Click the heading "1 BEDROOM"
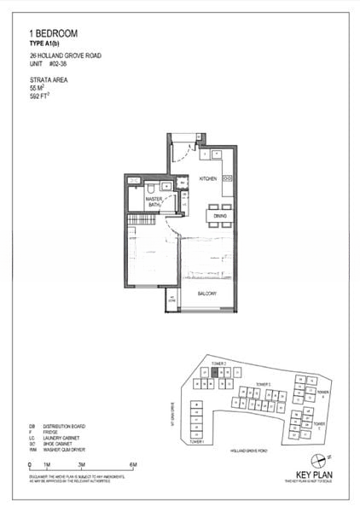[54, 32]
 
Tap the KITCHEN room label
[209, 179]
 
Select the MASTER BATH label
[154, 202]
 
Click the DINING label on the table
[221, 217]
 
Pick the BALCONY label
[207, 294]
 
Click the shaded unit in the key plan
[216, 373]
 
